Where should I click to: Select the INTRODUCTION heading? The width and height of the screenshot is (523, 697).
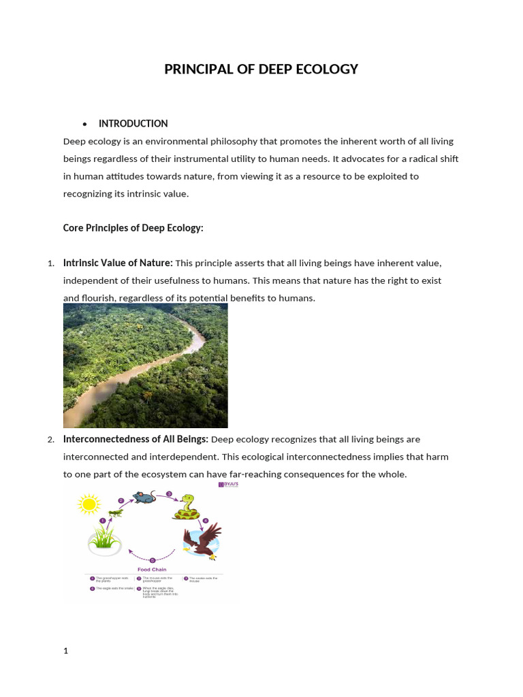pos(133,124)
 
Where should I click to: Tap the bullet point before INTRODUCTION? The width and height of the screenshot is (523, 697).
pos(85,125)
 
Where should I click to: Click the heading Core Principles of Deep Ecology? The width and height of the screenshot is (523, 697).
pos(133,228)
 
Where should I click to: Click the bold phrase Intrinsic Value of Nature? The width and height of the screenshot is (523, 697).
pos(118,263)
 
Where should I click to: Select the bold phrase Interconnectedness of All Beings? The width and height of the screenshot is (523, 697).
pos(136,439)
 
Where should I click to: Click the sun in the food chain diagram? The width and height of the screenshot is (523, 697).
pos(89,504)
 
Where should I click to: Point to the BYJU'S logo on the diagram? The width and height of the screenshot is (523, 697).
pos(227,485)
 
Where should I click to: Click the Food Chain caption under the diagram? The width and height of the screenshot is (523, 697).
pos(152,570)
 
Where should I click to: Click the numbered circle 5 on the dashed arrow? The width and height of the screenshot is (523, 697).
pos(152,560)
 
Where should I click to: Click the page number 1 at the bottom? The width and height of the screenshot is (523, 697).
pos(66,651)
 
